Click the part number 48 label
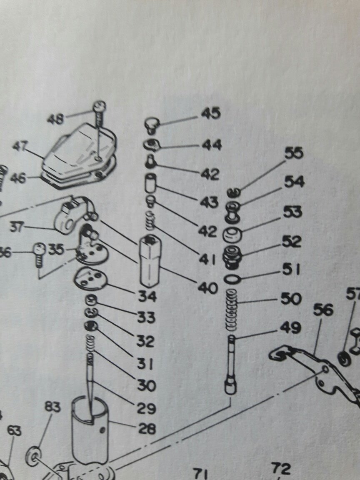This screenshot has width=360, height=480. (55, 119)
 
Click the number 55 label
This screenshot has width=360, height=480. (295, 154)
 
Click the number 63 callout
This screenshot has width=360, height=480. (13, 430)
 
